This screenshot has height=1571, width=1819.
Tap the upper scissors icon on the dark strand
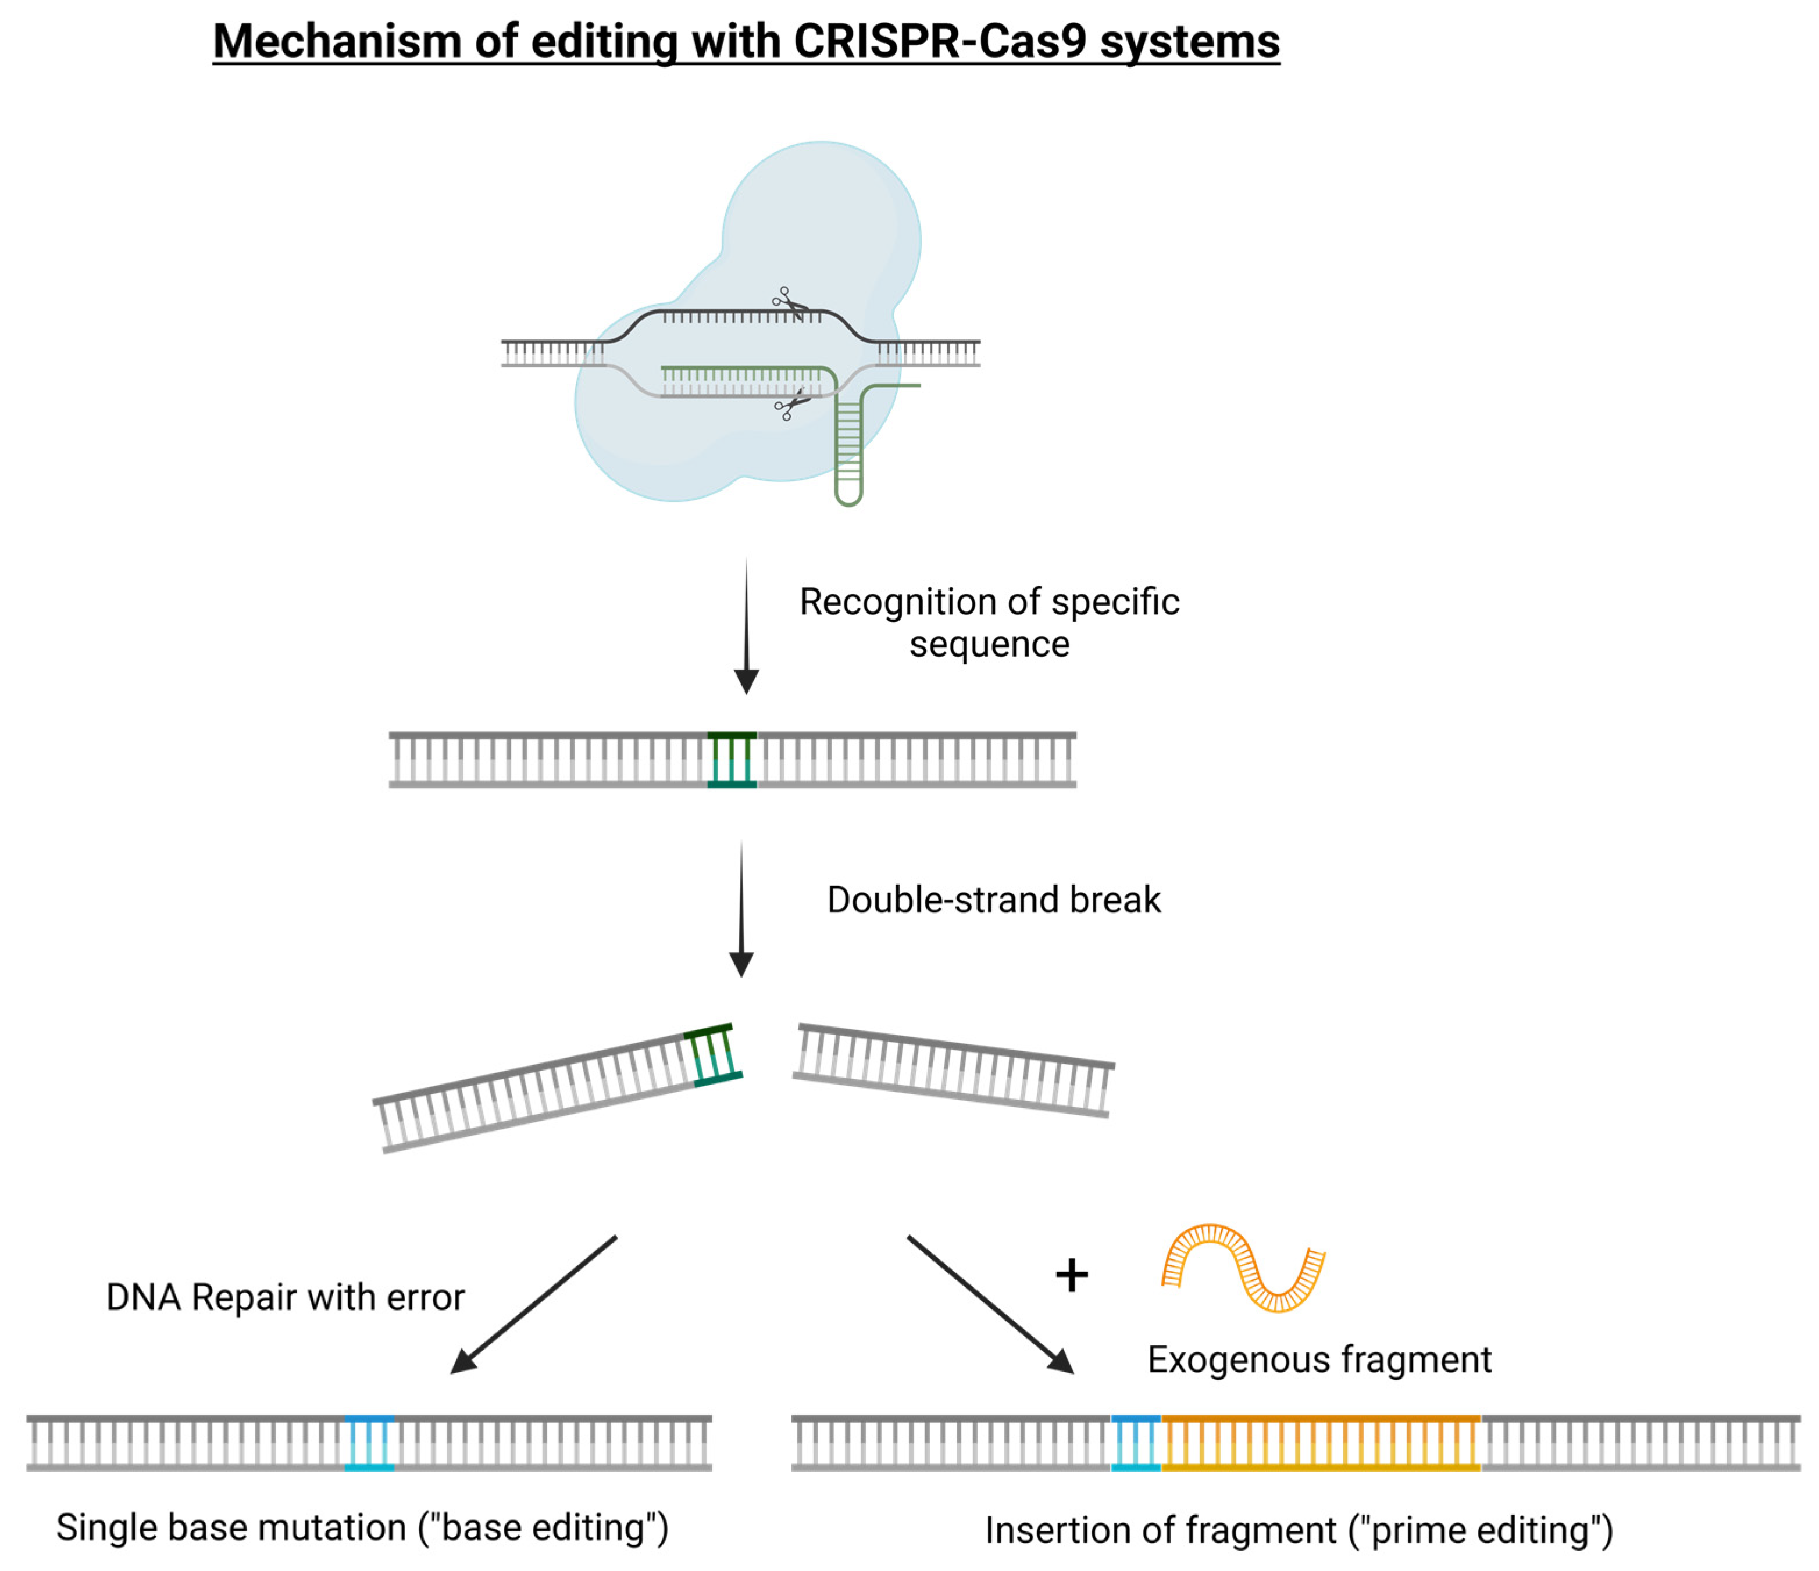click(x=789, y=303)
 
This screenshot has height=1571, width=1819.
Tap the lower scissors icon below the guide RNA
click(x=790, y=406)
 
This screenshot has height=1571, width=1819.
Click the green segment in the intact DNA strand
click(x=732, y=759)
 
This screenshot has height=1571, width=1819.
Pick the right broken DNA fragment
click(x=953, y=1070)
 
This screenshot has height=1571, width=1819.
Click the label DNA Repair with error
click(x=286, y=1297)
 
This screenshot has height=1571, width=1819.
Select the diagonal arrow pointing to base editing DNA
click(x=534, y=1304)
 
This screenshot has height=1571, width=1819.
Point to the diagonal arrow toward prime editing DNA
click(x=990, y=1304)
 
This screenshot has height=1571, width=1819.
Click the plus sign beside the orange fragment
click(x=1071, y=1275)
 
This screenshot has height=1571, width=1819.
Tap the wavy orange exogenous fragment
click(x=1243, y=1268)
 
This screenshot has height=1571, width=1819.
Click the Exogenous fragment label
click(x=1318, y=1359)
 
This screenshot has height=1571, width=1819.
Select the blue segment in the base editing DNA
click(x=369, y=1443)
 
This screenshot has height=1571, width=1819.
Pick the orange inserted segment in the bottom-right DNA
click(x=1321, y=1443)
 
